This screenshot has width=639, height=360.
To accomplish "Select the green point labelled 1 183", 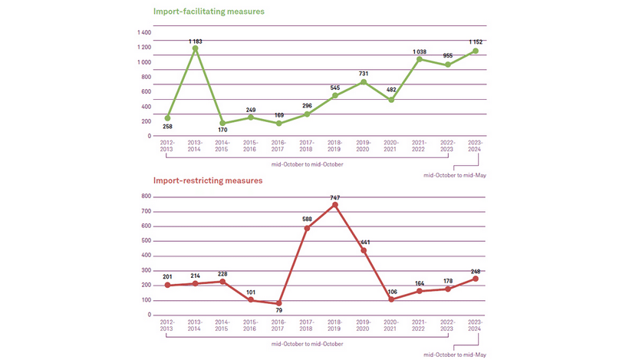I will (196, 48).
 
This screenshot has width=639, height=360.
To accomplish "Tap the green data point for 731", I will (364, 81).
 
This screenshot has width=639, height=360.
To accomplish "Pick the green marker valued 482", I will (391, 100).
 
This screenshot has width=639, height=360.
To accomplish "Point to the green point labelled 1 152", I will (476, 51).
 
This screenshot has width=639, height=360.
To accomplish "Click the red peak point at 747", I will (335, 204).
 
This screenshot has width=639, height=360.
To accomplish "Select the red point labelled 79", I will (279, 303).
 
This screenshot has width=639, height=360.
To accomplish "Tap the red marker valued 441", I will (364, 250).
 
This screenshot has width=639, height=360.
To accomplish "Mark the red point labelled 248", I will (476, 279).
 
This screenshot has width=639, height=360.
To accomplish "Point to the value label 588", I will (306, 220).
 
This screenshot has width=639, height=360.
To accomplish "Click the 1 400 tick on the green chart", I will (143, 33).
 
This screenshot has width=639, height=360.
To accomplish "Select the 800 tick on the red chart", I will (145, 197).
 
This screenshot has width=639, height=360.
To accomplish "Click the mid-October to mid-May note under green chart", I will (456, 176).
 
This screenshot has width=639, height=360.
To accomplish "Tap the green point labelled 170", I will (223, 123).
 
